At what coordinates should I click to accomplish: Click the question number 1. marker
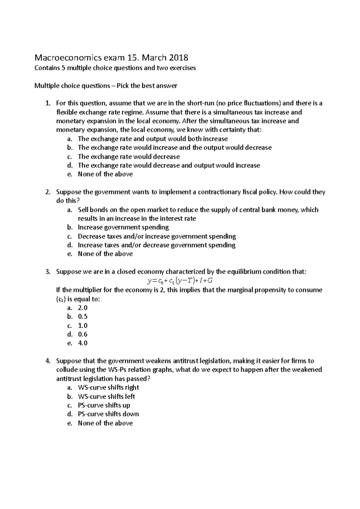tap(47, 103)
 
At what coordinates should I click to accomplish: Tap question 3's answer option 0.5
tap(82, 317)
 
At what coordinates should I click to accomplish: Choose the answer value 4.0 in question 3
tap(82, 343)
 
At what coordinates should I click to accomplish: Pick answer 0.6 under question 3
tap(82, 334)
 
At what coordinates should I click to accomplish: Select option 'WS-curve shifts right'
tap(108, 387)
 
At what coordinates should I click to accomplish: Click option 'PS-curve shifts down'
tap(108, 414)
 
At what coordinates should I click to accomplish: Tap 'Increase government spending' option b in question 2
tap(123, 227)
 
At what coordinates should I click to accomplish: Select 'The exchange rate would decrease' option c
tap(129, 156)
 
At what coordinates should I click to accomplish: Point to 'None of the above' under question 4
tap(105, 423)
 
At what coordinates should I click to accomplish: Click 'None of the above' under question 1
tap(105, 174)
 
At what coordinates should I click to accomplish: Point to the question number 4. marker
tap(47, 361)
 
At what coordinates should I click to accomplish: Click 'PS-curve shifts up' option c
tap(104, 405)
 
